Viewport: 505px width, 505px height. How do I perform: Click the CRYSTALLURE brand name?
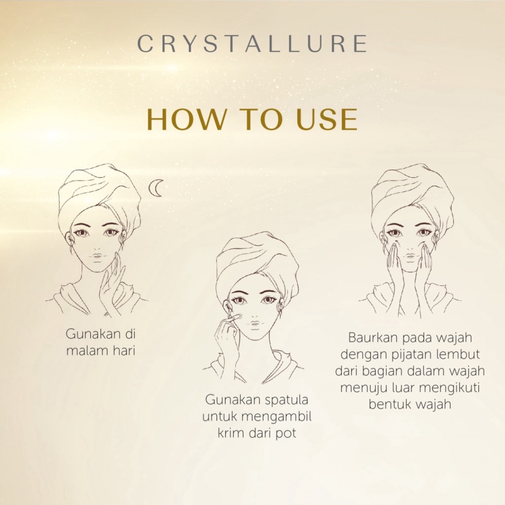[252, 43]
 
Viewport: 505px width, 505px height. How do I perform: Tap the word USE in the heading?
[326, 119]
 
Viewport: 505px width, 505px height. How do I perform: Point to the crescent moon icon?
[155, 188]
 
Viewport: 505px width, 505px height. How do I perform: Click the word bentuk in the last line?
[388, 404]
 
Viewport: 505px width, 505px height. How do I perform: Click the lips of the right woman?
[410, 256]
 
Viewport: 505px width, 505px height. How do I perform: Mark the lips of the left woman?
[97, 256]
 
